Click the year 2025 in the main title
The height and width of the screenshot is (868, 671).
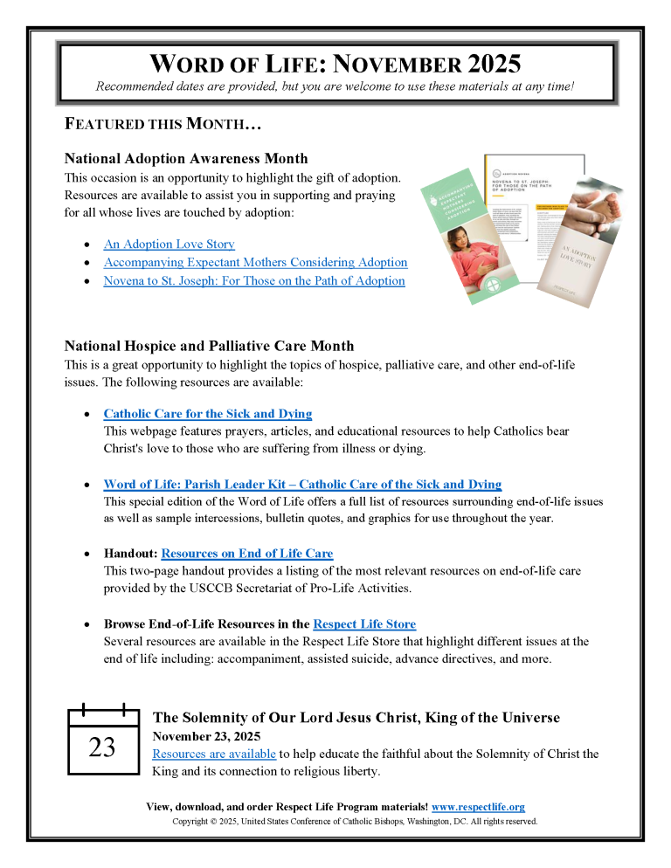pyautogui.click(x=485, y=64)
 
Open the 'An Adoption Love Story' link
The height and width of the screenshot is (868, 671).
pyautogui.click(x=169, y=245)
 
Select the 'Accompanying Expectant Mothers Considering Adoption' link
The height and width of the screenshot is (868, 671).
pyautogui.click(x=255, y=262)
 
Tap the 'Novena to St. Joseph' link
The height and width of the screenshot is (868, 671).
pyautogui.click(x=254, y=281)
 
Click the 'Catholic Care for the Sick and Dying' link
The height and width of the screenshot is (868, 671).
pyautogui.click(x=207, y=414)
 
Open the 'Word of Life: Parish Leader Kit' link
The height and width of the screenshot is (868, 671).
pyautogui.click(x=302, y=484)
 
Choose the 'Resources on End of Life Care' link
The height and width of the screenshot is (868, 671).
pyautogui.click(x=246, y=554)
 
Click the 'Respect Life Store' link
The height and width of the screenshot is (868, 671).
pyautogui.click(x=363, y=623)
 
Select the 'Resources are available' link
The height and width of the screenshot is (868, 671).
pyautogui.click(x=214, y=754)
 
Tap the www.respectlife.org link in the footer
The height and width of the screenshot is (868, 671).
pyautogui.click(x=478, y=808)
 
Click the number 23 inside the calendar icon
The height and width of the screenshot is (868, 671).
pyautogui.click(x=102, y=747)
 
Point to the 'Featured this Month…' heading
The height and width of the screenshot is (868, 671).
pyautogui.click(x=163, y=124)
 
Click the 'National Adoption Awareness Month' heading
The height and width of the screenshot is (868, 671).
pyautogui.click(x=186, y=158)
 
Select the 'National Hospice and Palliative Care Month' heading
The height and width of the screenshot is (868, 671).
pyautogui.click(x=210, y=346)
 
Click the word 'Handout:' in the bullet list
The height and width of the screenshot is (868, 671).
pyautogui.click(x=130, y=554)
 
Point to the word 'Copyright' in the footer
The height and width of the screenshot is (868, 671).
pyautogui.click(x=192, y=822)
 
